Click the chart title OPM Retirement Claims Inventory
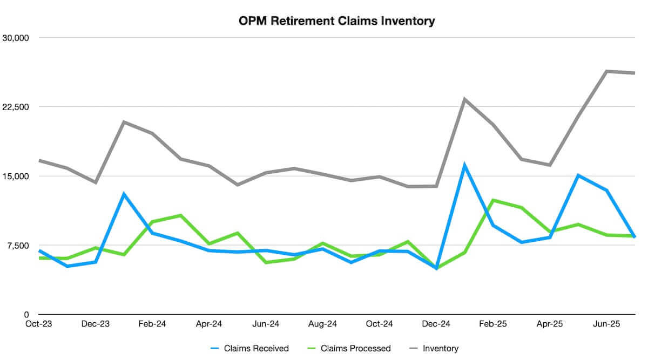[336, 22]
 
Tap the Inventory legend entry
[441, 348]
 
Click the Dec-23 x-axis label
[96, 324]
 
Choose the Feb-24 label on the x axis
[152, 324]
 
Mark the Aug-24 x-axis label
[322, 324]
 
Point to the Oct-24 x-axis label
[379, 324]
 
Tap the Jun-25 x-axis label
[606, 324]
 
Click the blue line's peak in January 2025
[464, 165]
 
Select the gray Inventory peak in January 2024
[124, 122]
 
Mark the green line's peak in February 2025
[492, 200]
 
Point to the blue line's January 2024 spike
[124, 194]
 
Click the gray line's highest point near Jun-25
[606, 71]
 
